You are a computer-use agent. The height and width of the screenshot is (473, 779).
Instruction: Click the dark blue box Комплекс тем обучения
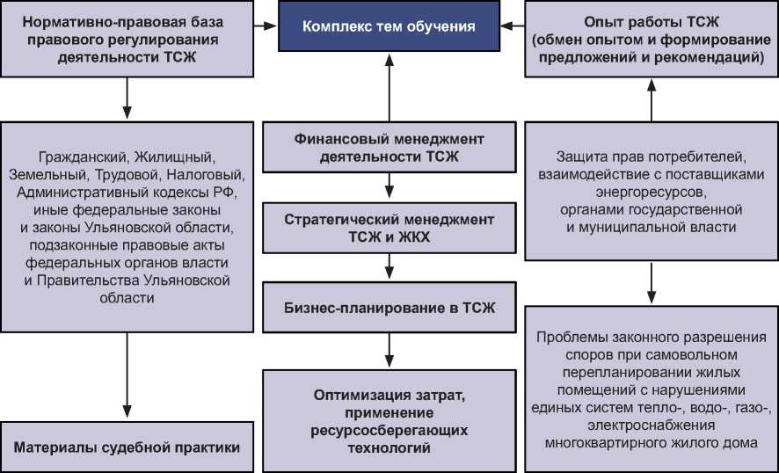click(x=389, y=26)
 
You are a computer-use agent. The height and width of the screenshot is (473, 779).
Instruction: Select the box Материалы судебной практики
click(x=127, y=448)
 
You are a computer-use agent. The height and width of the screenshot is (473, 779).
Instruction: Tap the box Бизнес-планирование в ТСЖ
click(x=389, y=309)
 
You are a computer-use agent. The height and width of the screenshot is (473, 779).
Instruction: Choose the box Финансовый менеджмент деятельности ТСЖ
click(x=389, y=149)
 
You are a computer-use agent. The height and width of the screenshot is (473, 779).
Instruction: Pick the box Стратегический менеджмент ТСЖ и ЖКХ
click(x=389, y=228)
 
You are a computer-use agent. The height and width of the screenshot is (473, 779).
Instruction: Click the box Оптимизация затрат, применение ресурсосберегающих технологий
click(x=389, y=421)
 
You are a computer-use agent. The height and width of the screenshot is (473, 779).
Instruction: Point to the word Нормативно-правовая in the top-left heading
click(x=86, y=20)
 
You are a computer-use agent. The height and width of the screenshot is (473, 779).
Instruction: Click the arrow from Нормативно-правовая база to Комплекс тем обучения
click(x=266, y=26)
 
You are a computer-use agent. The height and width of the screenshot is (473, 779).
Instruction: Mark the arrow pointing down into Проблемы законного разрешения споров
click(x=651, y=281)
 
